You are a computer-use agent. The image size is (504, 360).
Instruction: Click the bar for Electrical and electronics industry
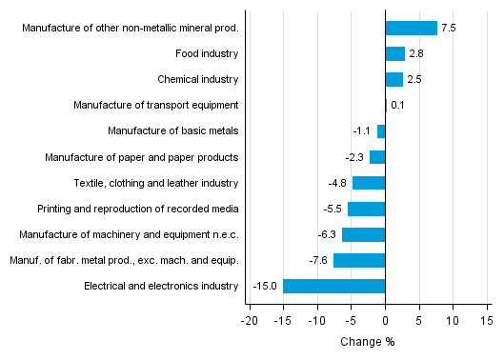pos(333,286)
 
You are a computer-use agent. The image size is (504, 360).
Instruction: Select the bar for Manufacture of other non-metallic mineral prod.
pos(411,29)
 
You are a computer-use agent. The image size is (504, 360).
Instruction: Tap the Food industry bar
pos(394,54)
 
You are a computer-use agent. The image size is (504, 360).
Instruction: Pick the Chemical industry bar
pos(393,80)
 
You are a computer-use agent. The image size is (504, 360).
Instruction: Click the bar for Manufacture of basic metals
pos(381,131)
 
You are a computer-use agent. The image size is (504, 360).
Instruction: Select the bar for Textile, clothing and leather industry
pos(369,183)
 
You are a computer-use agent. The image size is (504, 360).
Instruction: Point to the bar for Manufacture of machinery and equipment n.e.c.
pos(363,234)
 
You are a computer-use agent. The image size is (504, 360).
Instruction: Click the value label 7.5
pos(449,29)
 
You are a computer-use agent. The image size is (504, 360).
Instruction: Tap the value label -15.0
pos(265,286)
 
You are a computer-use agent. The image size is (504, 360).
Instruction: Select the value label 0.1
pos(397,106)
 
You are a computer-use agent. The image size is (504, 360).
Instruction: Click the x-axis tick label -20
pos(249,321)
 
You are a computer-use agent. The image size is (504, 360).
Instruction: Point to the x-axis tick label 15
pos(486,321)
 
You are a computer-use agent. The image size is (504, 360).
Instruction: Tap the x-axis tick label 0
pos(385,321)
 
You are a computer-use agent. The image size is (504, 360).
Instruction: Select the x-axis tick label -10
pos(316,321)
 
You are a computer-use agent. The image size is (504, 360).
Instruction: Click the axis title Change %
pos(367,342)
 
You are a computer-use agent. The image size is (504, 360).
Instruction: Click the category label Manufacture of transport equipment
pos(155,106)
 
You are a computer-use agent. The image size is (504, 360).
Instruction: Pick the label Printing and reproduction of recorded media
pos(137,209)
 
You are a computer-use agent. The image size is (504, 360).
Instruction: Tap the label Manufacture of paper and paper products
pos(142,157)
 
